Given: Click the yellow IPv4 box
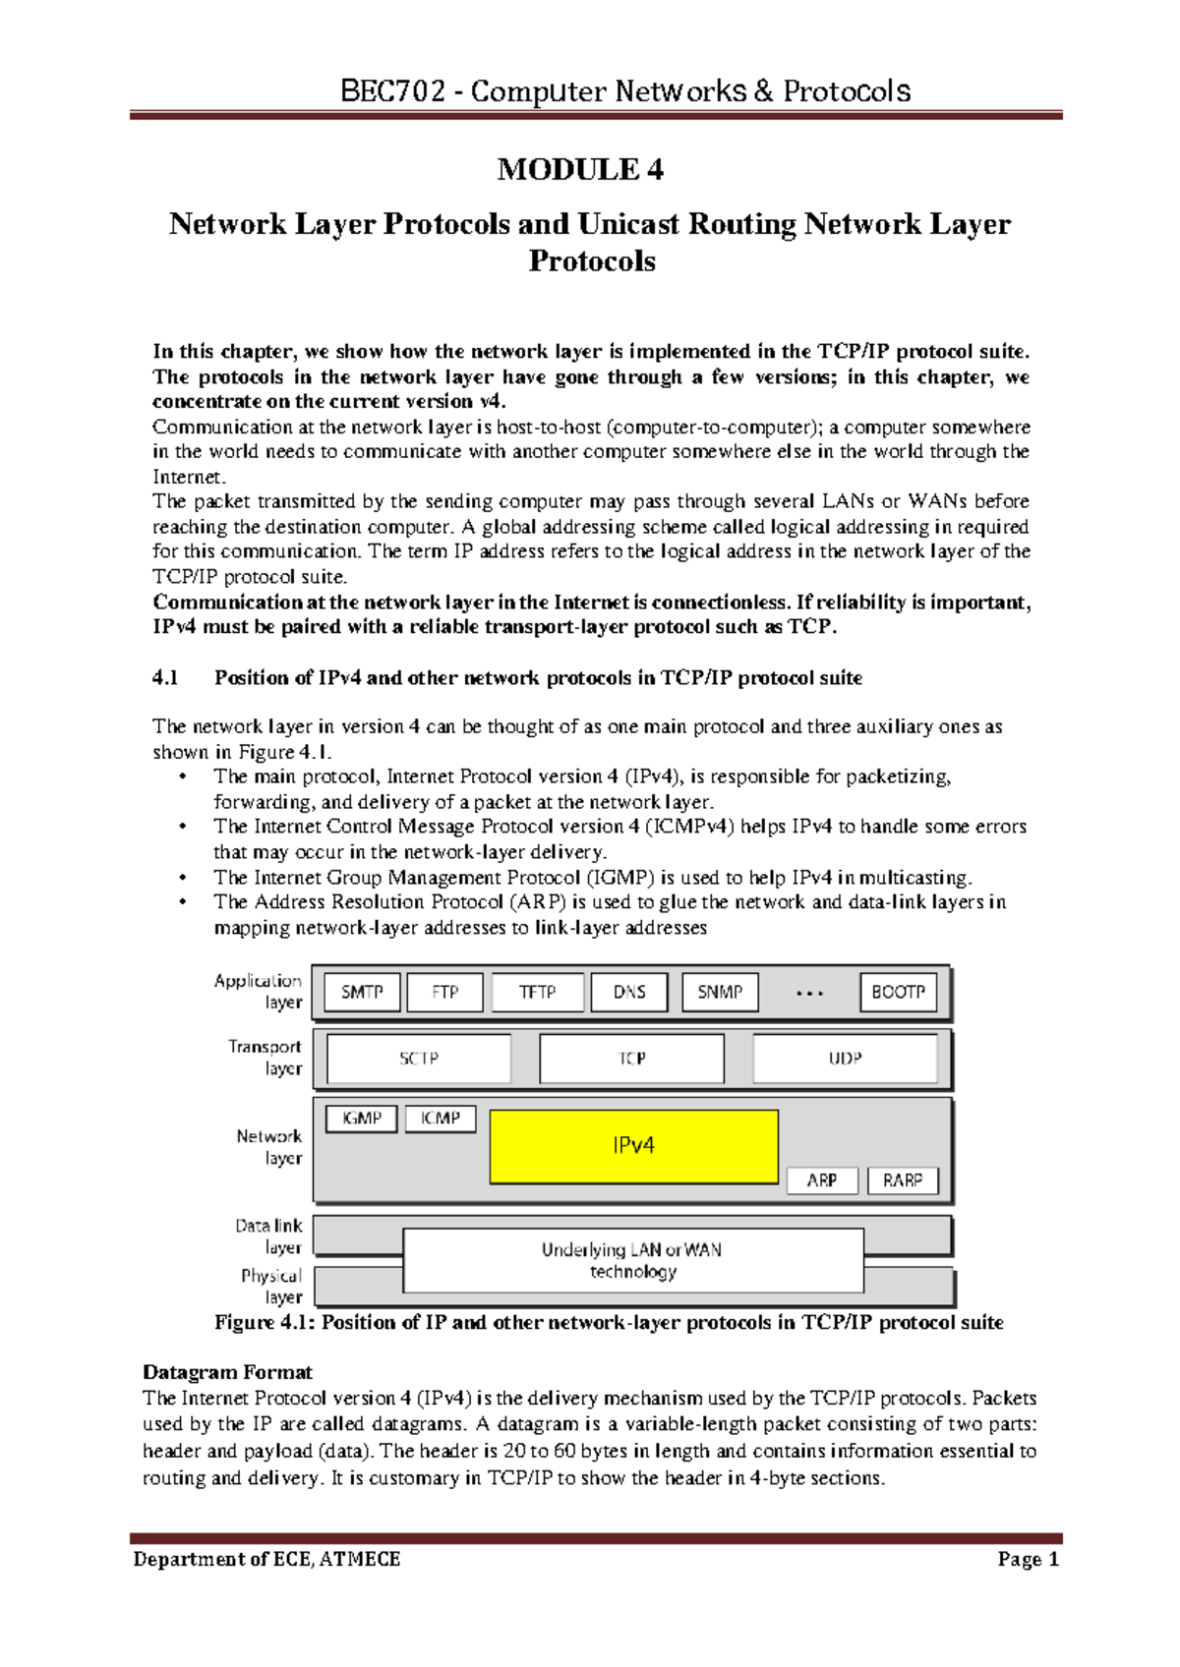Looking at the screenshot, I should pos(633,1146).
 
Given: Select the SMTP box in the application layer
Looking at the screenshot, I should pos(362,992).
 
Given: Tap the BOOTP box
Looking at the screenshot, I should pos(898,992).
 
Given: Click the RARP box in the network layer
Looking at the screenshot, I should pos(902,1179).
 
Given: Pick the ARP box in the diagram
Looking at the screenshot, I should pos(822,1179).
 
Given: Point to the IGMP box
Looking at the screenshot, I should pos(362,1119).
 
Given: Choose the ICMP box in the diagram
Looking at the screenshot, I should pos(440,1119).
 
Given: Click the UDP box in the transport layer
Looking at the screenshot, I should pos(845,1059).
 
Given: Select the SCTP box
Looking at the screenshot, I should pos(419,1059).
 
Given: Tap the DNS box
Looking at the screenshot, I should pos(629,992).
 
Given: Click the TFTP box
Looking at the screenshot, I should pos(537,992).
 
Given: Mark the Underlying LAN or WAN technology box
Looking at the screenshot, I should pos(633,1260).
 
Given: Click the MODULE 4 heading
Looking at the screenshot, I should pos(580,170).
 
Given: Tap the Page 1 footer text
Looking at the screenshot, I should pos(1028,1559).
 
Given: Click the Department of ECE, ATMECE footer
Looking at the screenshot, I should pos(266,1559).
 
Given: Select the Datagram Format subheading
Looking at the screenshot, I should pos(227,1372).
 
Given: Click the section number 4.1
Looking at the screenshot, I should pos(165,678).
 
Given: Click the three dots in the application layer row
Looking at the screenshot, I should pos(809,994).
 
